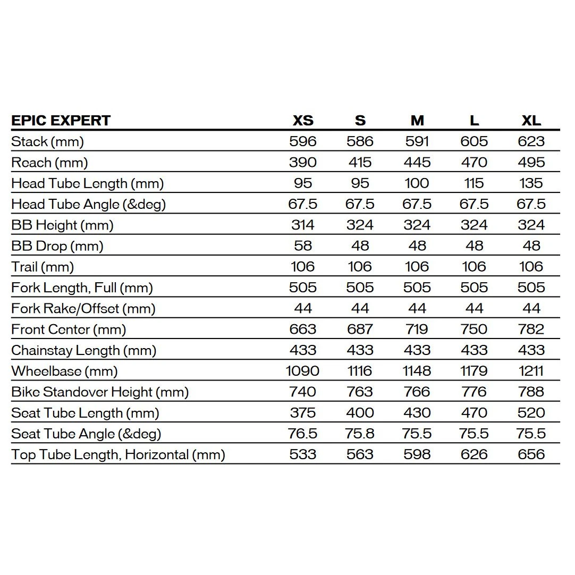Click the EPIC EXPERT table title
point(61,121)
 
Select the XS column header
point(303,121)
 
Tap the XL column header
point(531,121)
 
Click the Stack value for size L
point(474,141)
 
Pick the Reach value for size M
point(417,163)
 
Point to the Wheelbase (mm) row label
point(64,371)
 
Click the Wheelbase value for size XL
point(531,371)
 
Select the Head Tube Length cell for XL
point(531,183)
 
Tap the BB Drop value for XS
point(303,246)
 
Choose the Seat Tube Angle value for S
point(360,434)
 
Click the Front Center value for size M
point(417,329)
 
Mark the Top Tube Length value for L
point(474,454)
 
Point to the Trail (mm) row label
point(43,267)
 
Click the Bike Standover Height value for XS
point(303,392)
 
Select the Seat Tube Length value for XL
point(531,413)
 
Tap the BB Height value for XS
point(303,225)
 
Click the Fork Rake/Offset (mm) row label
point(83,309)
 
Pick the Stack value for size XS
point(303,141)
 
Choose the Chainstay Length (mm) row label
point(83,350)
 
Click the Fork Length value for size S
point(360,287)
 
